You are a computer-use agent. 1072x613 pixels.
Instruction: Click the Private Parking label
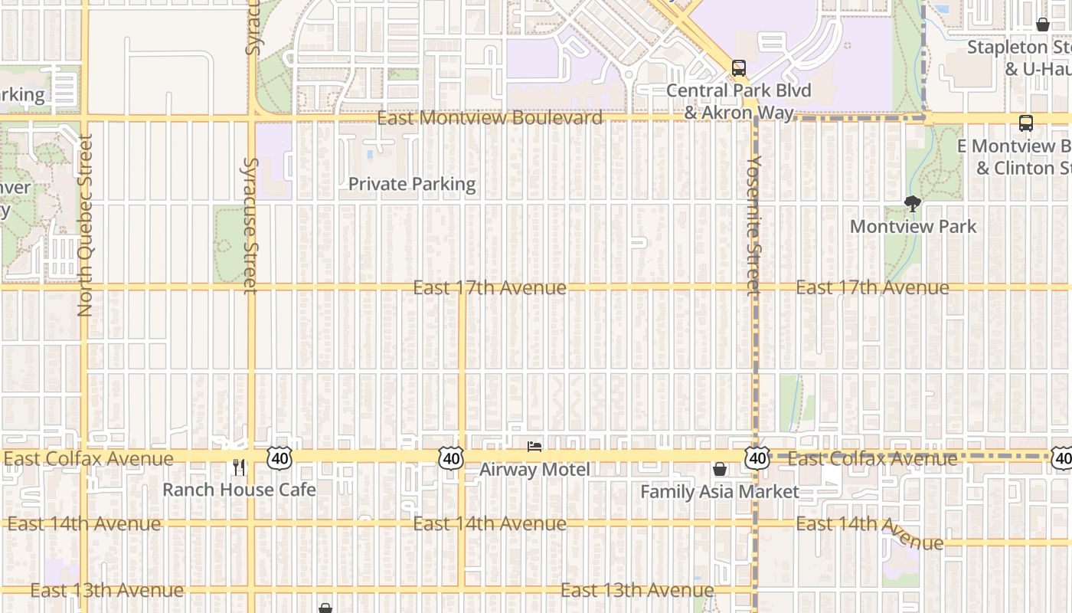[x=412, y=184]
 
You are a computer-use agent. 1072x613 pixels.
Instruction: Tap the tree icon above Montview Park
[x=912, y=204]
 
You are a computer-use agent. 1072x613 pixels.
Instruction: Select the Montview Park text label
[x=913, y=226]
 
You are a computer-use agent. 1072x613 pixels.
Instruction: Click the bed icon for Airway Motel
[x=534, y=446]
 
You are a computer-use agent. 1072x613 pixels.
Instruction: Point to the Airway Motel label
[x=534, y=470]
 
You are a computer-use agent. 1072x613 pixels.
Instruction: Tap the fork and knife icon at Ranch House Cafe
[x=239, y=467]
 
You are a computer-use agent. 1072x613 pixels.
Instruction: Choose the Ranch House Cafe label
[x=239, y=490]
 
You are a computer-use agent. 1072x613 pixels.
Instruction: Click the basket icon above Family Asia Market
[x=720, y=469]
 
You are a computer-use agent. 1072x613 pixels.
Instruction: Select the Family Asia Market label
[x=720, y=492]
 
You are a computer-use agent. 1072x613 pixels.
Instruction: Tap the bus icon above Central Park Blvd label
[x=739, y=67]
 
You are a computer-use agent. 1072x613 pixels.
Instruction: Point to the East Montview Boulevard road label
[x=489, y=118]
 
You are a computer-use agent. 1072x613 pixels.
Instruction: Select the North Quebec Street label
[x=84, y=225]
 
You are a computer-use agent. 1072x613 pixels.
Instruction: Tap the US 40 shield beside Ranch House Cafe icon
[x=279, y=458]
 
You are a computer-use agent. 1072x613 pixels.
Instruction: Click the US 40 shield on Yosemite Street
[x=757, y=458]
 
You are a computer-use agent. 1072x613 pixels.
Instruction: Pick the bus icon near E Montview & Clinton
[x=1025, y=123]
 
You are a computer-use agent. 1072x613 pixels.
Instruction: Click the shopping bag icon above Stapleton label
[x=1042, y=25]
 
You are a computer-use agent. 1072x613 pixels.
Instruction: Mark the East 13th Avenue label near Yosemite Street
[x=637, y=590]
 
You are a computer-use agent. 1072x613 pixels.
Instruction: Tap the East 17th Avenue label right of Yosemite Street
[x=872, y=287]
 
